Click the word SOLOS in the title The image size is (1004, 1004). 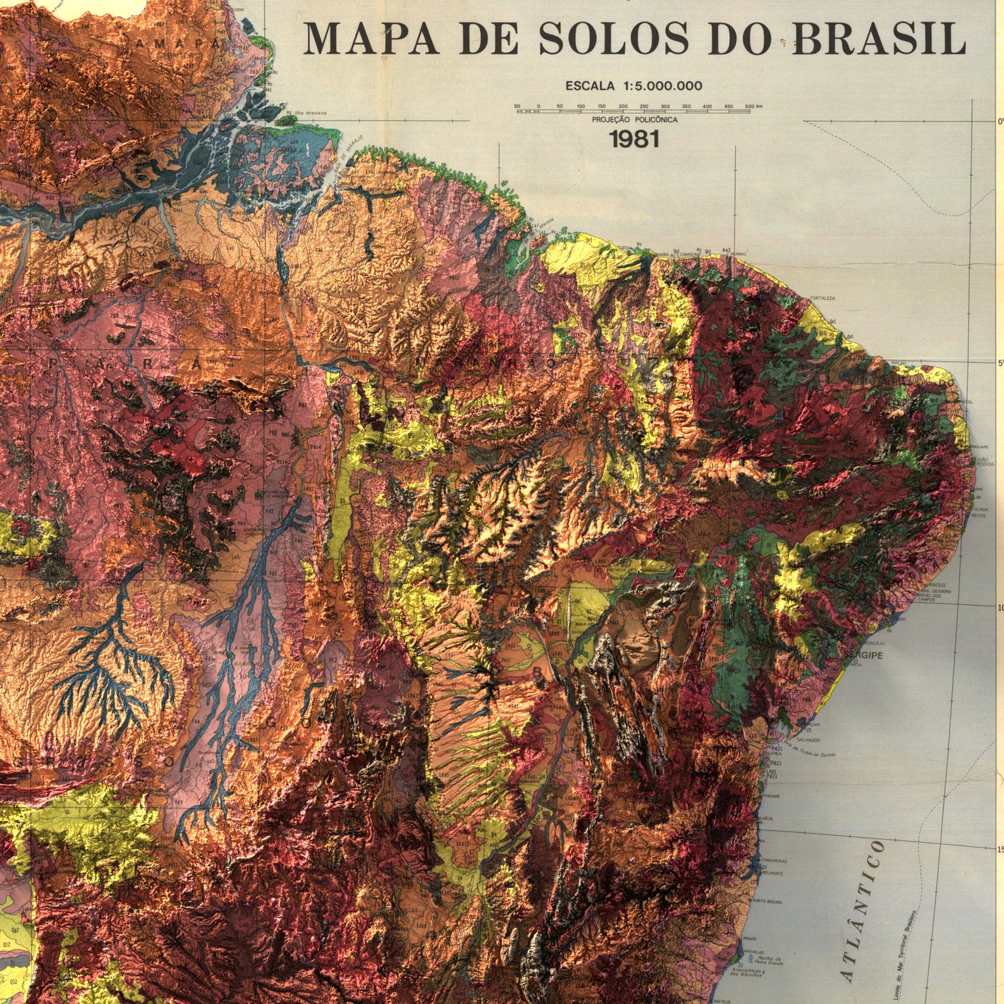pyautogui.click(x=613, y=39)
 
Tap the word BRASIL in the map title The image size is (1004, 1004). pyautogui.click(x=879, y=39)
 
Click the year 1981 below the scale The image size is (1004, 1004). pyautogui.click(x=634, y=138)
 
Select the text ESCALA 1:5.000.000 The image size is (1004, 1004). pyautogui.click(x=634, y=86)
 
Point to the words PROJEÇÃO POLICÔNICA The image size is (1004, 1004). pyautogui.click(x=634, y=119)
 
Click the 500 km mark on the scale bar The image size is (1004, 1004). pyautogui.click(x=750, y=107)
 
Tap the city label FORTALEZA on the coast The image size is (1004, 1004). pyautogui.click(x=823, y=298)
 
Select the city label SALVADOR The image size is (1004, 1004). pyautogui.click(x=809, y=739)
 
